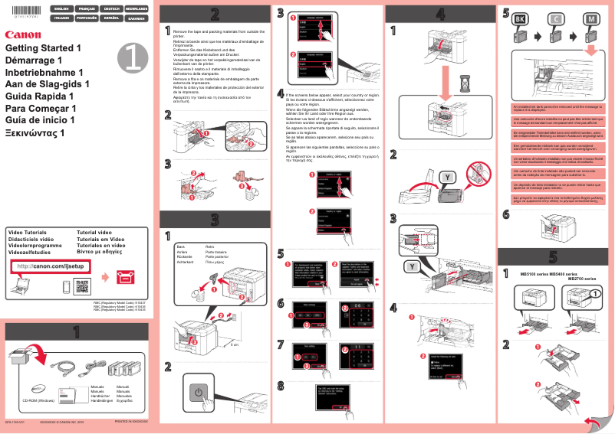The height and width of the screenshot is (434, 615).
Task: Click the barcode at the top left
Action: [x=18, y=11]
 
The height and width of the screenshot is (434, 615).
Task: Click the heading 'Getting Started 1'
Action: [x=43, y=48]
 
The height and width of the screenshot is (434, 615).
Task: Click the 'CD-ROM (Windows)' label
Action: [x=38, y=400]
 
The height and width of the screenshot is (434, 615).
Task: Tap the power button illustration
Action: [x=199, y=393]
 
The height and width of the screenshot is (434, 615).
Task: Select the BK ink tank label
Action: [x=519, y=18]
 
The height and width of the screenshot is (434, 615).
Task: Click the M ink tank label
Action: [x=590, y=18]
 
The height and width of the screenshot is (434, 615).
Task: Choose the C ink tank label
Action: [x=555, y=18]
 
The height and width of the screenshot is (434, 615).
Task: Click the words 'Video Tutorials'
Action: [x=27, y=232]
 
